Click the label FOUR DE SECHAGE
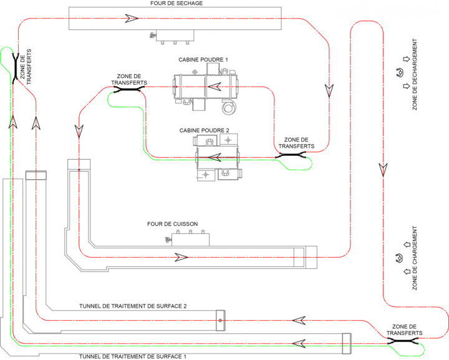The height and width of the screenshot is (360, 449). click(x=176, y=3)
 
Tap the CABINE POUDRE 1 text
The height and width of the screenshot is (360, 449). click(x=204, y=60)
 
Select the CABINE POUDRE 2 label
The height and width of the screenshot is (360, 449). click(x=205, y=130)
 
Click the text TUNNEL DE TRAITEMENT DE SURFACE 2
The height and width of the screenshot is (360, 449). click(x=133, y=306)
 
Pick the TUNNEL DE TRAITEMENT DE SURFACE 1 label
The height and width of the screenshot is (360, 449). click(x=133, y=356)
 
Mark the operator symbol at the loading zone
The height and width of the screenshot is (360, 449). click(x=397, y=258)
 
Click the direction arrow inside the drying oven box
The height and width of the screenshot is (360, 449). click(x=130, y=19)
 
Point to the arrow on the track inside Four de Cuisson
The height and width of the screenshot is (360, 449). click(x=181, y=256)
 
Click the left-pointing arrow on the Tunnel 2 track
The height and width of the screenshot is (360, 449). click(x=299, y=321)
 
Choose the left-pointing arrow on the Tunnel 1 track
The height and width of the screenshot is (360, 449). click(x=299, y=343)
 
